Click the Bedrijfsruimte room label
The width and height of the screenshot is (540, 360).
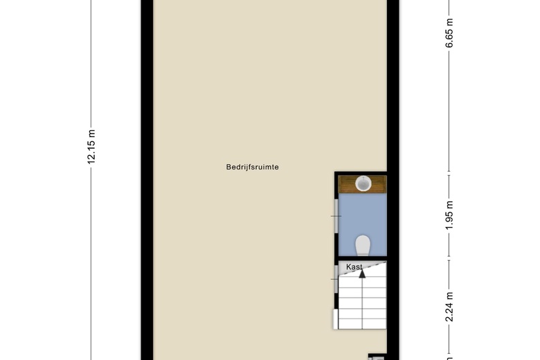[253, 167]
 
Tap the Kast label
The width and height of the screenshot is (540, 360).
[354, 267]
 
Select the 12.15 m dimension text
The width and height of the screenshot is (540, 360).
[91, 147]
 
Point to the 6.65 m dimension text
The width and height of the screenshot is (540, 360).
[449, 33]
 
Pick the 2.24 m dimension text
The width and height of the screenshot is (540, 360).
[449, 307]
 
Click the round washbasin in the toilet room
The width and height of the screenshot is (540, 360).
[363, 183]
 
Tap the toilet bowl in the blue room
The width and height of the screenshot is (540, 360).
[362, 245]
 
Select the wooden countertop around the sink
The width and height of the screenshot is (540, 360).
[362, 184]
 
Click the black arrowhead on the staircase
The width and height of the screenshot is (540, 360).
[362, 273]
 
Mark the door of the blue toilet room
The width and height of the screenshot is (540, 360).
[336, 216]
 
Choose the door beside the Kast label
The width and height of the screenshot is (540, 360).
[336, 279]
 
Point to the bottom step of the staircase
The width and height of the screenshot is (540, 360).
[362, 324]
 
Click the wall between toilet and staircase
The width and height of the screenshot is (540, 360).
[361, 258]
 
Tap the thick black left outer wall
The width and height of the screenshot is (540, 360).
[147, 180]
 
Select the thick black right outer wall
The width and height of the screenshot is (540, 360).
[393, 180]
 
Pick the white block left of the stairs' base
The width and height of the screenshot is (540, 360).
[336, 319]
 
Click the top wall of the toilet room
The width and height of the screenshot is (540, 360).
[361, 173]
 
